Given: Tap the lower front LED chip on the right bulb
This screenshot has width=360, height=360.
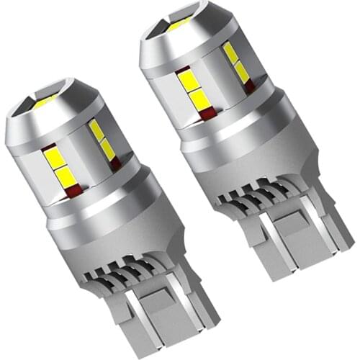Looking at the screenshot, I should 200,100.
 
